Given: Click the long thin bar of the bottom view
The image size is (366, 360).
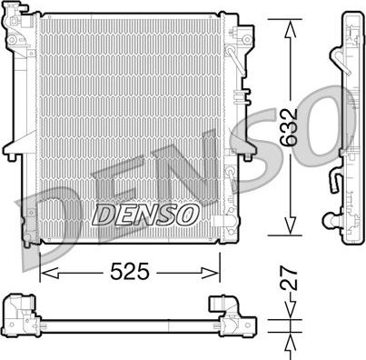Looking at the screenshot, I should coord(127,321).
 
